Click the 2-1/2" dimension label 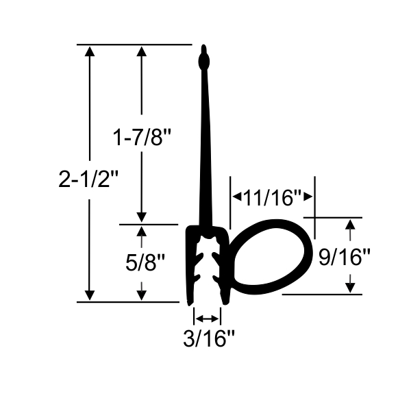click(x=90, y=179)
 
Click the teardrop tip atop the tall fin click(x=203, y=60)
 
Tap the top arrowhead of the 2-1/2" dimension click(x=90, y=52)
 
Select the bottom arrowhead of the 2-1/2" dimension click(x=90, y=294)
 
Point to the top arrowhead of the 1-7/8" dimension click(x=141, y=52)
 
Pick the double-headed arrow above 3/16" click(x=208, y=318)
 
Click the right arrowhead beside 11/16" click(x=310, y=198)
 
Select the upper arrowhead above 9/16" click(x=351, y=225)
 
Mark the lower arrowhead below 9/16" click(x=351, y=287)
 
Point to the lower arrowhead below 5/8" click(x=142, y=294)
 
